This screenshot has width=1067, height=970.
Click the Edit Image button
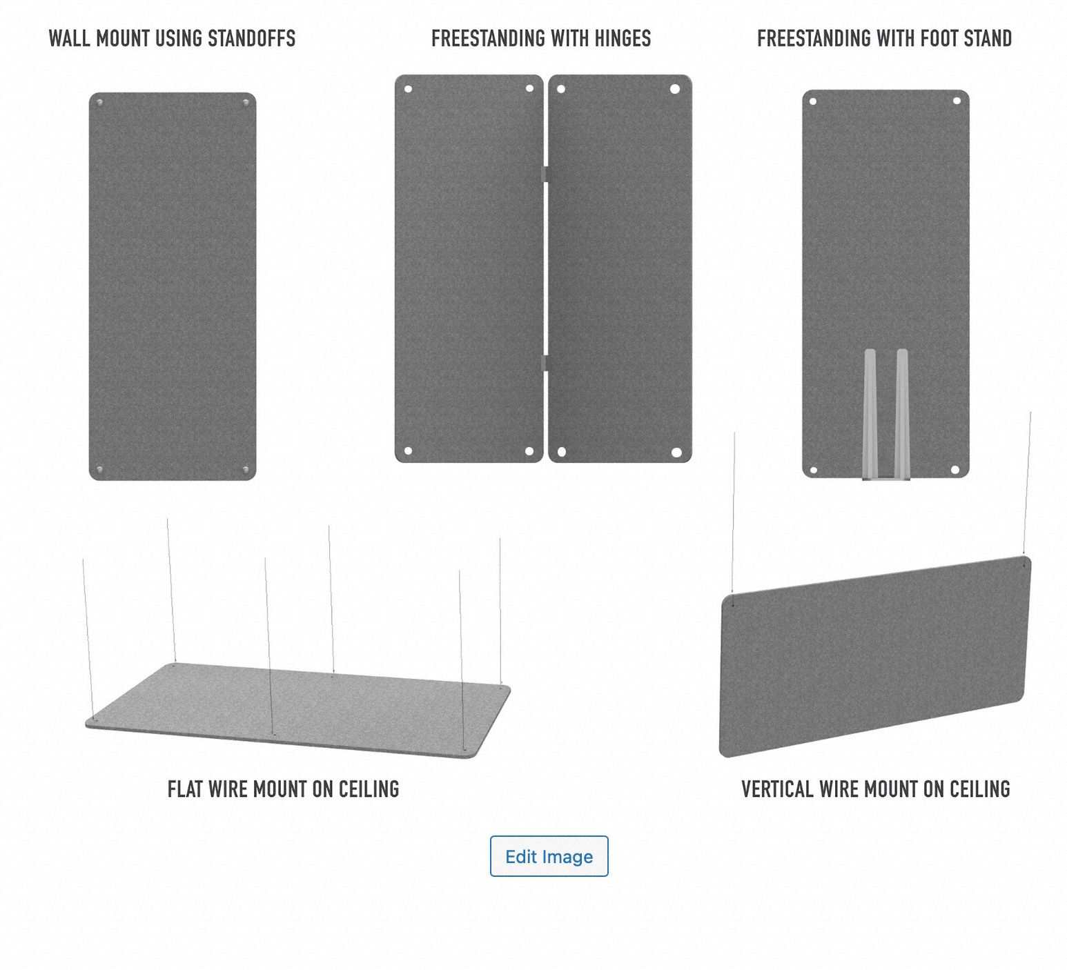[x=549, y=856]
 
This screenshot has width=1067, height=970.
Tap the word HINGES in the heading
[x=622, y=39]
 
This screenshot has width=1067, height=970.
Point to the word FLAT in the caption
[x=185, y=789]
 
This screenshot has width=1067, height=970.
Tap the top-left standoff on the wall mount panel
[x=100, y=103]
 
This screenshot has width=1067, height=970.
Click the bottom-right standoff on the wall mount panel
[x=246, y=470]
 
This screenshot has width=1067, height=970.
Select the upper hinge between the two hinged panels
[x=545, y=174]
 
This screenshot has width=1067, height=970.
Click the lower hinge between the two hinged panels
[x=545, y=364]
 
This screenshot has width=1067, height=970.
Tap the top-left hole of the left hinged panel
[x=408, y=89]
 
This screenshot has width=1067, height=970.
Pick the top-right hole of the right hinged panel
[x=675, y=89]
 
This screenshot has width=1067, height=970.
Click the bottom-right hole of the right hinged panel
[x=676, y=452]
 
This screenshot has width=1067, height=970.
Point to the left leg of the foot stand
[x=870, y=413]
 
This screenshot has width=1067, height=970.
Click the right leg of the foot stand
[x=902, y=413]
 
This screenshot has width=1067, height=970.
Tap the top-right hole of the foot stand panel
[x=957, y=101]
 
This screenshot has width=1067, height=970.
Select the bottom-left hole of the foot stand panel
[x=814, y=471]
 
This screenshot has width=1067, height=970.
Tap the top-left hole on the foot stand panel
[x=813, y=101]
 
